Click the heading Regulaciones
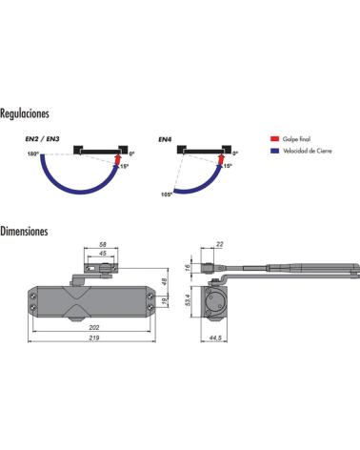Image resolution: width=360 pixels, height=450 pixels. coord(25,113)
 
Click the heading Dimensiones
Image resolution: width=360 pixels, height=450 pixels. coord(24,231)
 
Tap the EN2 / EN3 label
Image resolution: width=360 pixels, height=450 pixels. coord(42,139)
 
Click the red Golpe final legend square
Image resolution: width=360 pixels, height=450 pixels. coord(274,139)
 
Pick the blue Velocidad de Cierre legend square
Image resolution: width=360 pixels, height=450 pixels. coord(274,151)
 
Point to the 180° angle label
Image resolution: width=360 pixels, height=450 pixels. coord(32,153)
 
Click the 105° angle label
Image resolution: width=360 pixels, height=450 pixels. coord(167,194)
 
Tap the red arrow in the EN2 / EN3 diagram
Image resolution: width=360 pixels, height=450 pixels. coord(118,159)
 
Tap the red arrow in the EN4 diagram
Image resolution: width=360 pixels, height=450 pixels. coord(221,159)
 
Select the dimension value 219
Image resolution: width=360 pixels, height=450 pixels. coord(94,337)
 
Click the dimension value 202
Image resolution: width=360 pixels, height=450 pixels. coord(94,327)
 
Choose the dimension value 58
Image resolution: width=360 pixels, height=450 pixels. coord(103,244)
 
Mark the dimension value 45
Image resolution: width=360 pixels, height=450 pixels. coord(103,254)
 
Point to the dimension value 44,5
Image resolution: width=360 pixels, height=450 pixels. coord(215,337)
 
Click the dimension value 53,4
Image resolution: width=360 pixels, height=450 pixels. coord(187,300)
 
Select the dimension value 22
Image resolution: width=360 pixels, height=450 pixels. coord(219,244)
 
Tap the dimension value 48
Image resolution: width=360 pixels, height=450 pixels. coord(165,281)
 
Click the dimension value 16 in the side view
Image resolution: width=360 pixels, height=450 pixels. coord(188,267)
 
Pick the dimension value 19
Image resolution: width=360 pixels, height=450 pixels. coord(165,301)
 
